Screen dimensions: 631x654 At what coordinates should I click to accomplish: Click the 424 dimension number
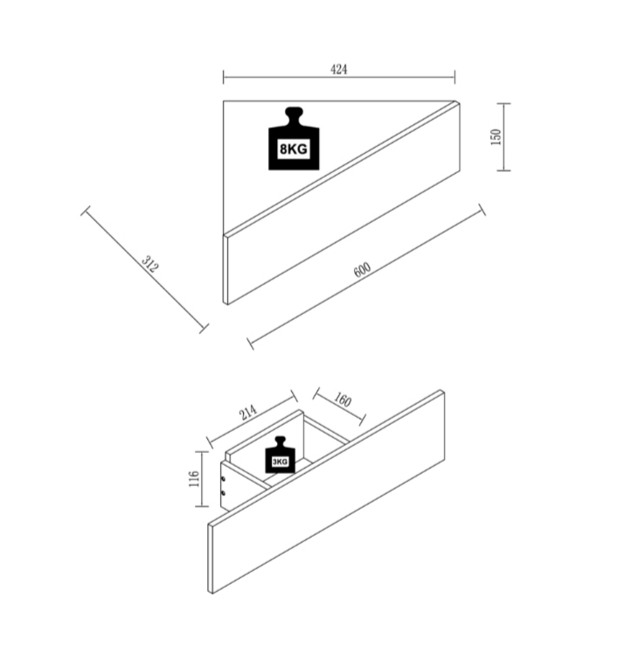[x=338, y=69]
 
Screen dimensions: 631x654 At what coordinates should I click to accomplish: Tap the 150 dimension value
[x=496, y=136]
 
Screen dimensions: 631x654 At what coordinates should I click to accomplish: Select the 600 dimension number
[x=362, y=269]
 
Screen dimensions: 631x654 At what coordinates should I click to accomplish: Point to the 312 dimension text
[x=150, y=263]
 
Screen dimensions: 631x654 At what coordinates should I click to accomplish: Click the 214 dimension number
[x=247, y=413]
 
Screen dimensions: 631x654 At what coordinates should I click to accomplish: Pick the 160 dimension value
[x=343, y=400]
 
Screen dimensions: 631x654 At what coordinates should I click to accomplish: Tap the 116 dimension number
[x=194, y=479]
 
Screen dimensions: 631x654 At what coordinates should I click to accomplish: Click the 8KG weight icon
[x=294, y=139]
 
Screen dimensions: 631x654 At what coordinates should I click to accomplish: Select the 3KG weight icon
[x=280, y=455]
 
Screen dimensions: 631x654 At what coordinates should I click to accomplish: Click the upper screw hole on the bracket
[x=223, y=479]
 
